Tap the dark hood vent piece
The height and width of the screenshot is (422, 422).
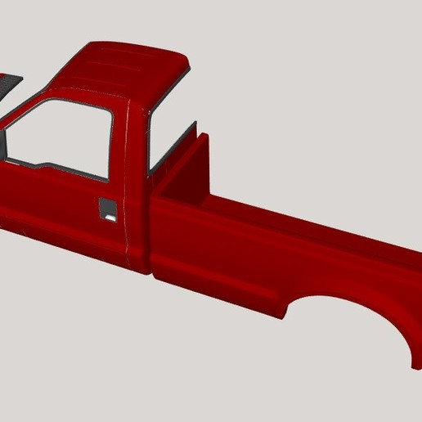point(8,83)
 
